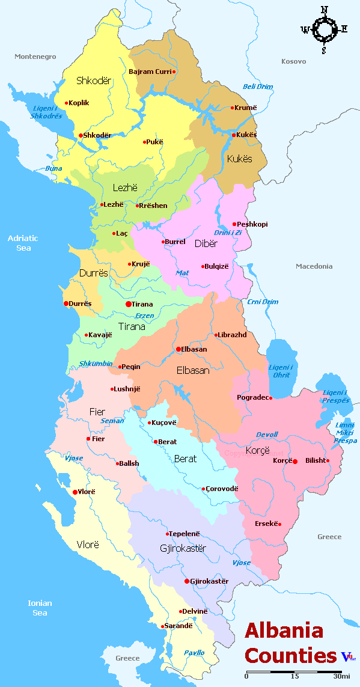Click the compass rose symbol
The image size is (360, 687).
(x=325, y=28)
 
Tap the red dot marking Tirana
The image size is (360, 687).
(x=128, y=304)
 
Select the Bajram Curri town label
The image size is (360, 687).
(x=150, y=72)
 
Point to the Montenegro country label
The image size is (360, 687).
(x=35, y=56)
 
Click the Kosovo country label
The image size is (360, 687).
(x=293, y=61)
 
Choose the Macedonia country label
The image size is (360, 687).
(x=314, y=266)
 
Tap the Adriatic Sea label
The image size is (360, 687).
(x=23, y=243)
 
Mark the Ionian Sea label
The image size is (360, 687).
(x=40, y=608)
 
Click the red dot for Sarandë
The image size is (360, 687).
(x=162, y=626)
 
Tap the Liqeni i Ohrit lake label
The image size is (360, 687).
(x=281, y=371)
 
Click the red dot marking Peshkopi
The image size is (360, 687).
(x=234, y=224)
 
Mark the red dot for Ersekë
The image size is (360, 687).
(x=279, y=524)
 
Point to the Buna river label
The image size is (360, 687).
(x=53, y=168)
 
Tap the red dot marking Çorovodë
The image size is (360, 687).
(x=203, y=489)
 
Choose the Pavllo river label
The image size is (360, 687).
(x=194, y=652)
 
